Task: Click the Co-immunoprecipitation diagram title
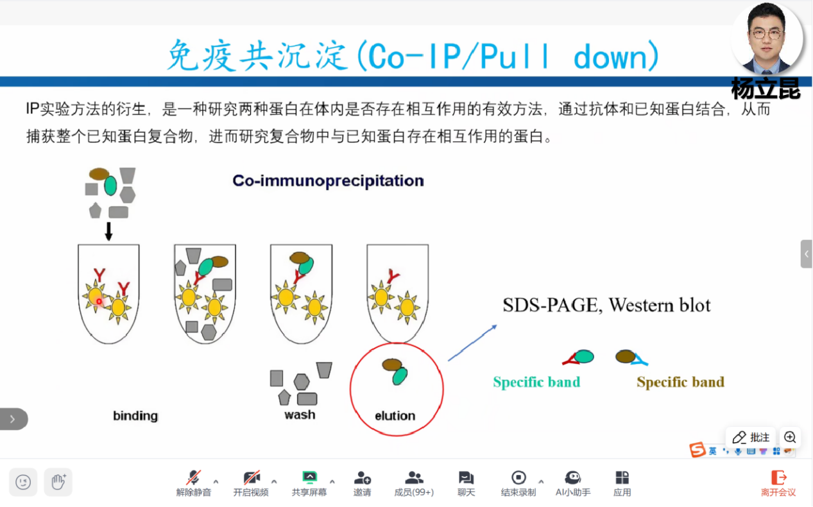pyautogui.click(x=328, y=181)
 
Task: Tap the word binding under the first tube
pyautogui.click(x=135, y=416)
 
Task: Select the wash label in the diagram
pyautogui.click(x=300, y=415)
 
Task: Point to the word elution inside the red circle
pyautogui.click(x=395, y=416)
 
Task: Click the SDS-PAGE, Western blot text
pyautogui.click(x=606, y=305)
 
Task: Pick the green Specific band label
pyautogui.click(x=536, y=382)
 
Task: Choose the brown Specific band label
pyautogui.click(x=680, y=382)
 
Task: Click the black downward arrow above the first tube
pyautogui.click(x=108, y=231)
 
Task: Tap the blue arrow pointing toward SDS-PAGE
pyautogui.click(x=472, y=343)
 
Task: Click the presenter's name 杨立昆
pyautogui.click(x=766, y=89)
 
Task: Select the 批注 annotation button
pyautogui.click(x=751, y=438)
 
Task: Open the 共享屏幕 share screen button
pyautogui.click(x=309, y=483)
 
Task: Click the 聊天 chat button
pyautogui.click(x=466, y=483)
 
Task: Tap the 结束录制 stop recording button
pyautogui.click(x=518, y=483)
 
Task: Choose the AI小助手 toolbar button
pyautogui.click(x=572, y=483)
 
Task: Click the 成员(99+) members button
pyautogui.click(x=414, y=483)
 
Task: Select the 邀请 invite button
pyautogui.click(x=362, y=483)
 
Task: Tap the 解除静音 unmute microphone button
pyautogui.click(x=193, y=483)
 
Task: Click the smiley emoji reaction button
pyautogui.click(x=23, y=482)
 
